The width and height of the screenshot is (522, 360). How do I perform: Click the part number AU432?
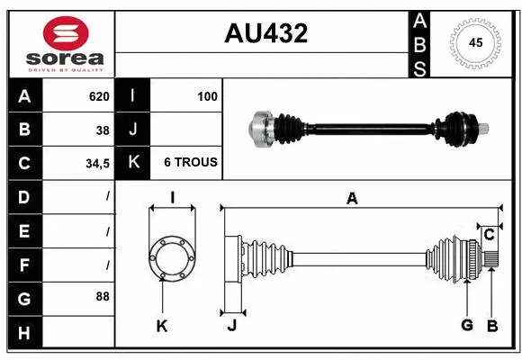pyautogui.click(x=265, y=33)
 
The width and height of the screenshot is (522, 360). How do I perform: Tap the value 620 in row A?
pyautogui.click(x=98, y=96)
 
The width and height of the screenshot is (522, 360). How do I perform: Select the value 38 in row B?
pyautogui.click(x=103, y=130)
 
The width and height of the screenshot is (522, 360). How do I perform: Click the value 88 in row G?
pyautogui.click(x=103, y=295)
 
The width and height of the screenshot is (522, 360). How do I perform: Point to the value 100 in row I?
pyautogui.click(x=207, y=96)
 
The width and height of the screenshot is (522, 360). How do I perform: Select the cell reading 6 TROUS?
pyautogui.click(x=189, y=163)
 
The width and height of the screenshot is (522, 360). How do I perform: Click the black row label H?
pyautogui.click(x=23, y=334)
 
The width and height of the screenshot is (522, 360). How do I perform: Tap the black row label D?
pyautogui.click(x=23, y=196)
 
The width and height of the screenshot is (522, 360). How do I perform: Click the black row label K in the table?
pyautogui.click(x=133, y=163)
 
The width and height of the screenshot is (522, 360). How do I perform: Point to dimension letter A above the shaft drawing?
pyautogui.click(x=352, y=199)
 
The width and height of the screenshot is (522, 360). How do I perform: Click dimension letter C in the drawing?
pyautogui.click(x=489, y=235)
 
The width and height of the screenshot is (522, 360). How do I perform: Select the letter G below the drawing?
pyautogui.click(x=466, y=325)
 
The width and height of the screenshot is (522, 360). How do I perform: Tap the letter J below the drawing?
pyautogui.click(x=231, y=326)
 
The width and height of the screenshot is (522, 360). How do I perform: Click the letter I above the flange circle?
pyautogui.click(x=172, y=198)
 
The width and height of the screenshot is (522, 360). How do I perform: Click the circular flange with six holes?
pyautogui.click(x=171, y=257)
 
